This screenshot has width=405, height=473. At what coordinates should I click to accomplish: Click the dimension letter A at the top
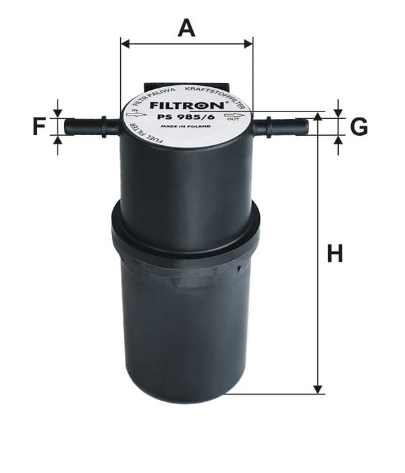(186, 28)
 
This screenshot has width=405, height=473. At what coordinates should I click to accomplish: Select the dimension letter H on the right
(335, 253)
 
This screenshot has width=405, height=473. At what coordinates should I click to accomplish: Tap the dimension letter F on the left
(39, 126)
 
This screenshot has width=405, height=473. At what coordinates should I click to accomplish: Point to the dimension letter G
(359, 126)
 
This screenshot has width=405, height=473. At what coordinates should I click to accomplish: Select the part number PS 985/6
(186, 118)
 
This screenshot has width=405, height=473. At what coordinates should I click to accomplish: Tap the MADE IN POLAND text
(186, 126)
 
